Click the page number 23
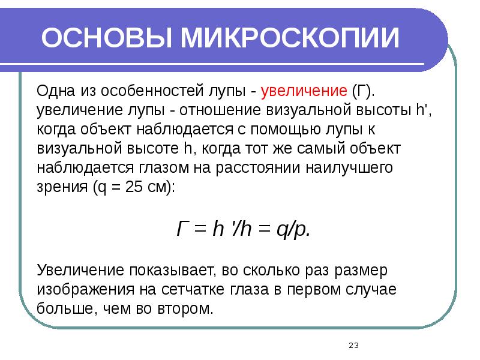pos(353,345)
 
